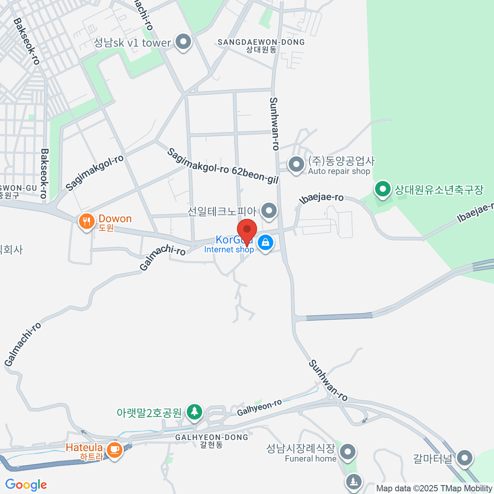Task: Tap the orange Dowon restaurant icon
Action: pos(86,222)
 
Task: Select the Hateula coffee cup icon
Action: pos(114,449)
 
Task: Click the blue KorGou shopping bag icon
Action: pos(266,243)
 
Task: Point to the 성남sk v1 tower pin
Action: pos(183,42)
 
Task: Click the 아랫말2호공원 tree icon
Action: pos(194,411)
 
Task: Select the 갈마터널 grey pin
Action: pos(465,457)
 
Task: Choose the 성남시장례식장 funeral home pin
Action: pos(348,452)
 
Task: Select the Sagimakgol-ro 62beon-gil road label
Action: pos(223,166)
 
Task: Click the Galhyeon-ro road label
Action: pos(259,408)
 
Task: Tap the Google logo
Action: pos(26,485)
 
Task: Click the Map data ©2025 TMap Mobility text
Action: pos(434,489)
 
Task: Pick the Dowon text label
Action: pos(115,219)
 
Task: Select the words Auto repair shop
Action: pos(339,171)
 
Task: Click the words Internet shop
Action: pos(229,249)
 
